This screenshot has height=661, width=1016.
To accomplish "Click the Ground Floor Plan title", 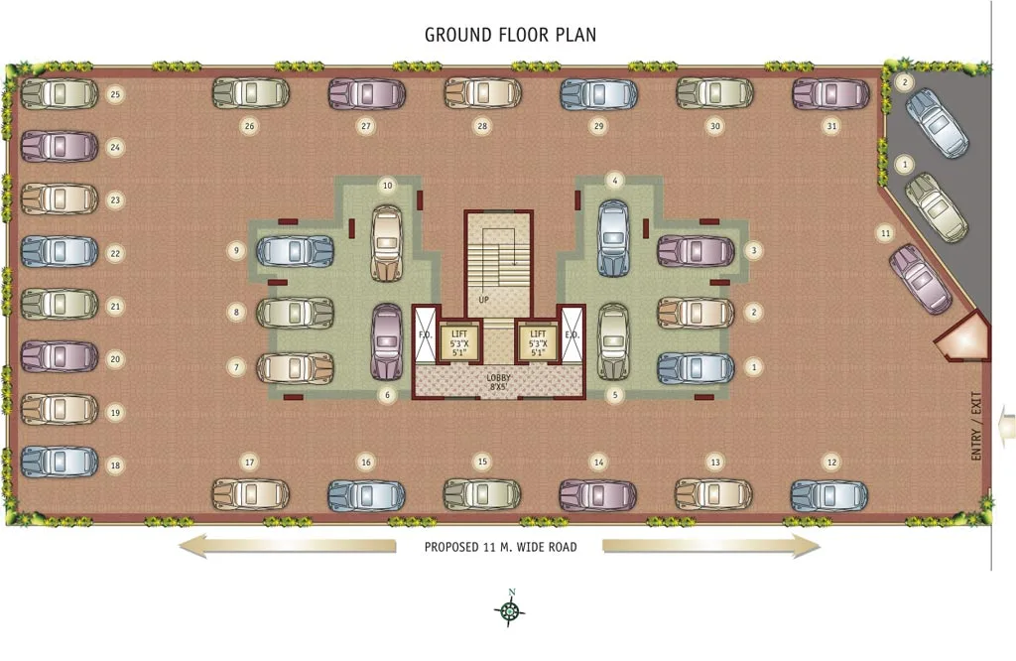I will pyautogui.click(x=510, y=35).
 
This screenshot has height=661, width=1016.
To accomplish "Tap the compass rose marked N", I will pyautogui.click(x=509, y=611).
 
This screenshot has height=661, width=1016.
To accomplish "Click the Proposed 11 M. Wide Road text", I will pyautogui.click(x=500, y=547).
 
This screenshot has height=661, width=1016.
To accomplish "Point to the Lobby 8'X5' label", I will pyautogui.click(x=499, y=381).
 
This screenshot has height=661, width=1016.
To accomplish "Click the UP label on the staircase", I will pyautogui.click(x=483, y=299).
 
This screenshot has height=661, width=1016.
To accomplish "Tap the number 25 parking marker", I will pyautogui.click(x=115, y=94).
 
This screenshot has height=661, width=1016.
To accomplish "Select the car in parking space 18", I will pyautogui.click(x=60, y=462).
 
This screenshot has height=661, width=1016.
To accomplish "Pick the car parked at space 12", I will pyautogui.click(x=828, y=495).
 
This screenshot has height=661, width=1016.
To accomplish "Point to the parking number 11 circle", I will pyautogui.click(x=884, y=232).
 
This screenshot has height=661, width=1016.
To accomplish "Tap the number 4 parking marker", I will pyautogui.click(x=615, y=181).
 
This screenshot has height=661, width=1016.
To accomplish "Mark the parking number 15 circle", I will pyautogui.click(x=482, y=462).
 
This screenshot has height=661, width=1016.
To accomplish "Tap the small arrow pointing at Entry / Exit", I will pyautogui.click(x=1008, y=426).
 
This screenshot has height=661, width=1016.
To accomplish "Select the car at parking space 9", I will pyautogui.click(x=295, y=251).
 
